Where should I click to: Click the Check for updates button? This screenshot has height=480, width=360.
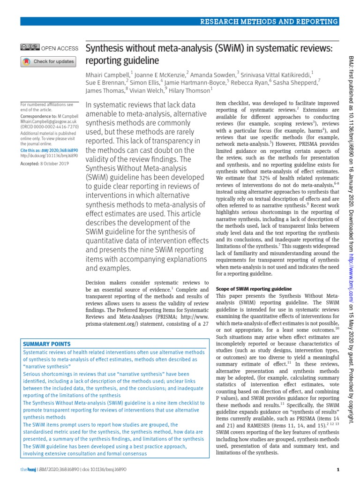tap(48, 61)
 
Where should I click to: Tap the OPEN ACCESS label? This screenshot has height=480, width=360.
tap(60, 48)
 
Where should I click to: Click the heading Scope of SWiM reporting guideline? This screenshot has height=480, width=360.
tap(253, 288)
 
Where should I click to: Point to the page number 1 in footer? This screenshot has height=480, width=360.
tap(338, 469)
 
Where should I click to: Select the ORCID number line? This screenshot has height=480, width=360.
tap(46, 126)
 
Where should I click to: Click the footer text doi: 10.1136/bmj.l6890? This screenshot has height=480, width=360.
tap(102, 469)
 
